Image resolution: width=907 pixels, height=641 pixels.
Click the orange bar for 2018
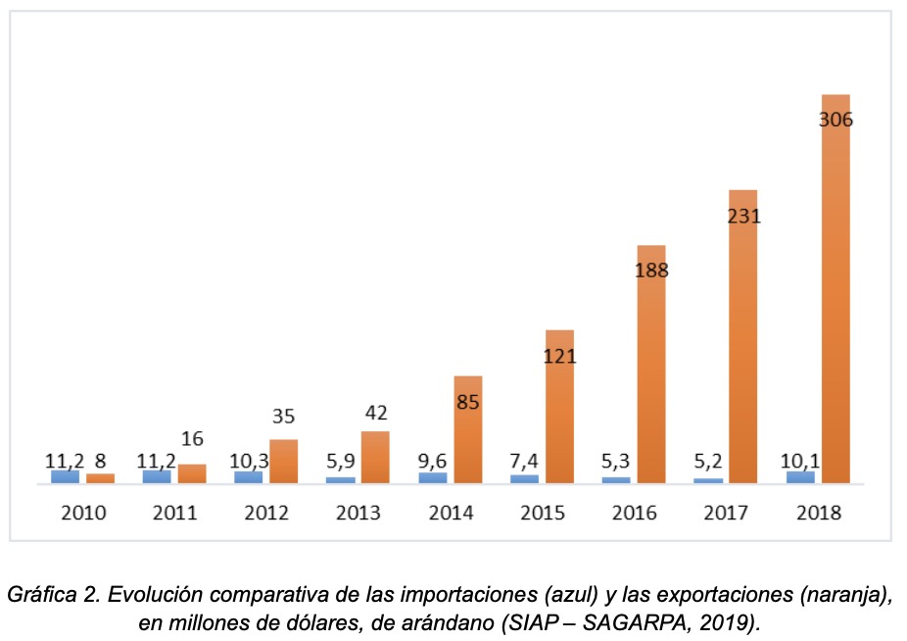click(x=835, y=294)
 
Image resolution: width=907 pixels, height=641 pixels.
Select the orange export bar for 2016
click(x=651, y=372)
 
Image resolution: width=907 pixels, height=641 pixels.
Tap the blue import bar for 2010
click(x=65, y=476)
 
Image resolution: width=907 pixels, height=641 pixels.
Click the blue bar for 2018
click(x=800, y=476)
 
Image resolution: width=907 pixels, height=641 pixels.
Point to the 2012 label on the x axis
click(x=267, y=512)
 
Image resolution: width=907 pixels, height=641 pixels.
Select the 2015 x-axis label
click(x=543, y=512)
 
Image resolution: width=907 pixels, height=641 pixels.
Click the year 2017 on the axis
click(x=727, y=512)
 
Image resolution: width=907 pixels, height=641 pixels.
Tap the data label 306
click(x=835, y=121)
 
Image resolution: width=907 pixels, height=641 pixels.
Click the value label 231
click(x=743, y=217)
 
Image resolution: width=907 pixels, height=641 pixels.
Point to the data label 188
click(x=651, y=271)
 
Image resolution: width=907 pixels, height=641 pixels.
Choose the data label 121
click(x=560, y=357)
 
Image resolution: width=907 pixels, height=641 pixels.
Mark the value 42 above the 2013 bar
click(x=375, y=414)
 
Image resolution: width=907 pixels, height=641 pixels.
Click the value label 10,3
click(x=247, y=460)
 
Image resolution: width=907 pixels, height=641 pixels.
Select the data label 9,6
click(x=432, y=460)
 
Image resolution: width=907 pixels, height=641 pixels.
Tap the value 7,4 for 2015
click(x=524, y=460)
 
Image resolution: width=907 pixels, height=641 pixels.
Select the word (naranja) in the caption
click(x=851, y=595)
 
